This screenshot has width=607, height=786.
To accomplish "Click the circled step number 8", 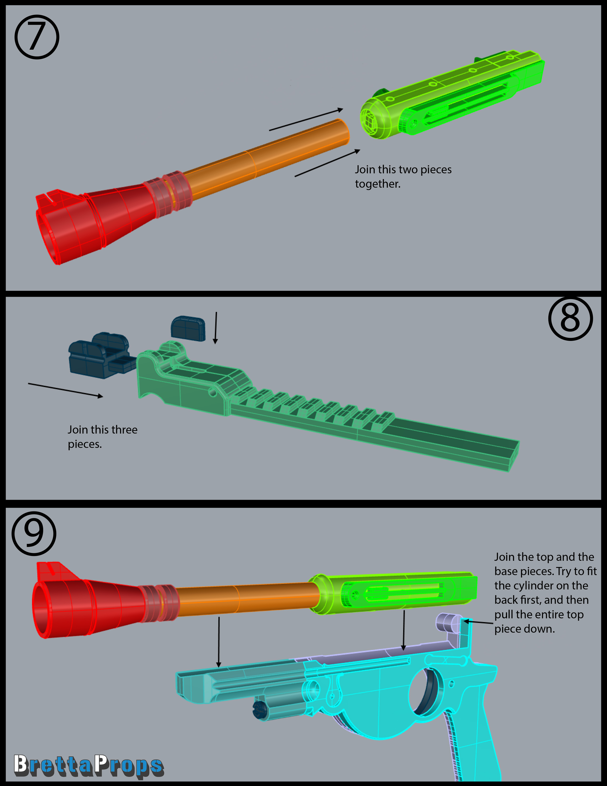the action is pyautogui.click(x=570, y=318).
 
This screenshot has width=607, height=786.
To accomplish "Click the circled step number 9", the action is pyautogui.click(x=34, y=533).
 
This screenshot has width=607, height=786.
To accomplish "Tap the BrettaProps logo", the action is pyautogui.click(x=89, y=765).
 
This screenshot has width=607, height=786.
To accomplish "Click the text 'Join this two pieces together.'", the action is pyautogui.click(x=403, y=176).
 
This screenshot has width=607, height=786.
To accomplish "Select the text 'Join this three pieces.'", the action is pyautogui.click(x=103, y=437).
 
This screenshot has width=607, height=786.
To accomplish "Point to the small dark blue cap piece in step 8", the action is pyautogui.click(x=188, y=328).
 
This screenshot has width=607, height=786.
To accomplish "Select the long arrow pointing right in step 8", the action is pyautogui.click(x=65, y=390).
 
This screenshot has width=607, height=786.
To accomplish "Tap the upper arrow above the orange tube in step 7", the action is pyautogui.click(x=306, y=119).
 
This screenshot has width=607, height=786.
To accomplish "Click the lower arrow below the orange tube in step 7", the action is pyautogui.click(x=327, y=163).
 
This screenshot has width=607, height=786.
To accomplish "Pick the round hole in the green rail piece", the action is pyautogui.click(x=213, y=392).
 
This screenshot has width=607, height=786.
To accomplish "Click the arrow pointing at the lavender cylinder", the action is pyautogui.click(x=478, y=621).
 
